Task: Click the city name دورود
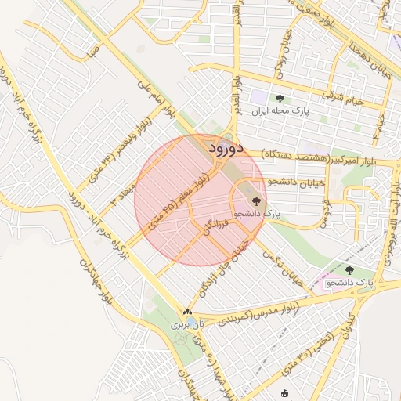pyautogui.click(x=228, y=147)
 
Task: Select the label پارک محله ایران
pyautogui.click(x=280, y=111)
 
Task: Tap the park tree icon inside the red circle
pyautogui.click(x=256, y=201)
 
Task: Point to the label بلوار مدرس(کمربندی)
pyautogui.click(x=257, y=313)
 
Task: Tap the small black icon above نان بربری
pyautogui.click(x=187, y=312)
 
